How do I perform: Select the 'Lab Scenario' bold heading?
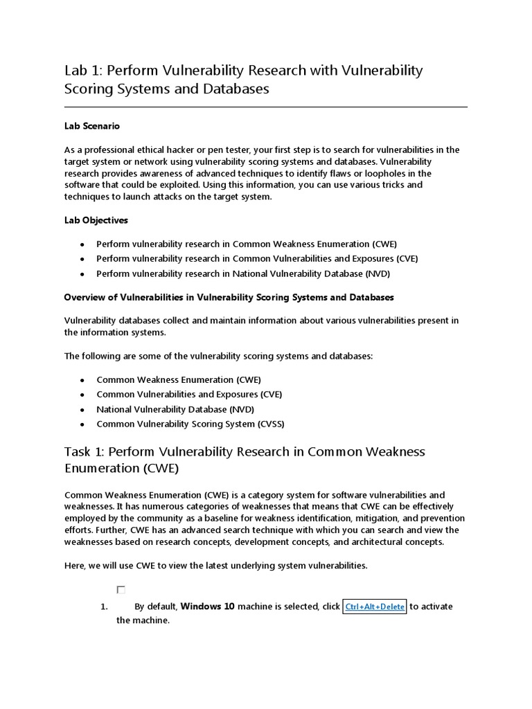[x=91, y=126]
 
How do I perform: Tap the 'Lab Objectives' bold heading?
[x=96, y=220]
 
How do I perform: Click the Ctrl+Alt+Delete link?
[x=375, y=607]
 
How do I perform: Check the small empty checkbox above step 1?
[x=121, y=590]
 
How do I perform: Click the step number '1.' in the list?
[x=105, y=607]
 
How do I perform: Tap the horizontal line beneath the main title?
[x=266, y=107]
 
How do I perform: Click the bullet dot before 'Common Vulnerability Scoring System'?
[x=82, y=424]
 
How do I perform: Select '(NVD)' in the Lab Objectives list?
[x=378, y=273]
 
